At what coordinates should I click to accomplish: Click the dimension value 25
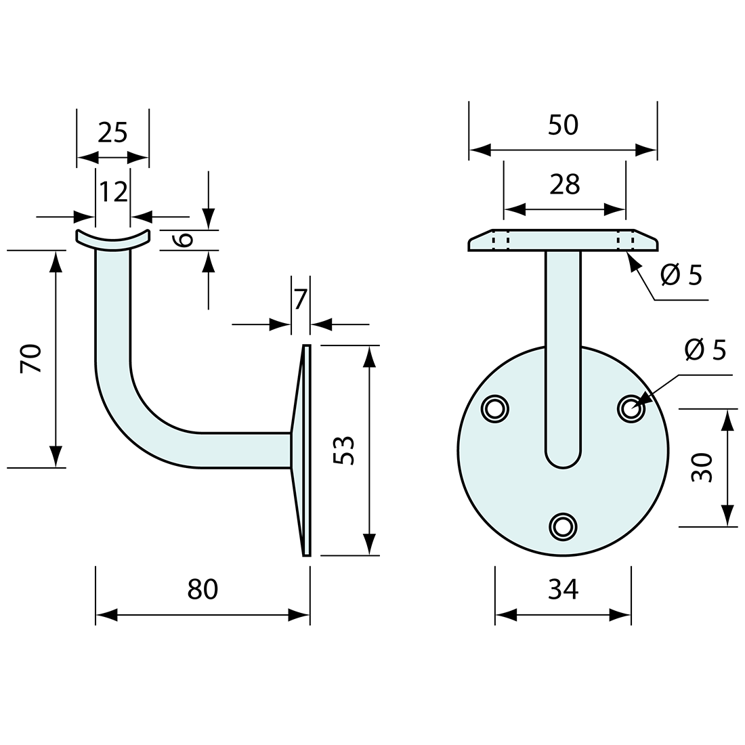point(112,132)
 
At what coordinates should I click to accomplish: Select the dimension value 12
point(113,192)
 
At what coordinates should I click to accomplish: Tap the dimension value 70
point(32,358)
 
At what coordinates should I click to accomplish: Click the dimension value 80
point(203,589)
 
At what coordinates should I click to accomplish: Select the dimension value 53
point(344,450)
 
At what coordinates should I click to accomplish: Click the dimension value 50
point(563,125)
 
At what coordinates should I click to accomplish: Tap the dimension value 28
point(565,184)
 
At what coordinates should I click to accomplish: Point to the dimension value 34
point(563,589)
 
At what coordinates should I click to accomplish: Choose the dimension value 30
point(702,467)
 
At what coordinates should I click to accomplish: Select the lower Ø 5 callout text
point(704,350)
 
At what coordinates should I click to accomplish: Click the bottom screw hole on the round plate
point(563,526)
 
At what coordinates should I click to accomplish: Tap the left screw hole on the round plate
point(495,408)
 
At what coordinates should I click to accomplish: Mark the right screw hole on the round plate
point(631,408)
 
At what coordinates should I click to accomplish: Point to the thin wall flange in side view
point(307,450)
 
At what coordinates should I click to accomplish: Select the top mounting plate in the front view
point(563,241)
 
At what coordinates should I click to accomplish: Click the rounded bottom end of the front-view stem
point(563,457)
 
